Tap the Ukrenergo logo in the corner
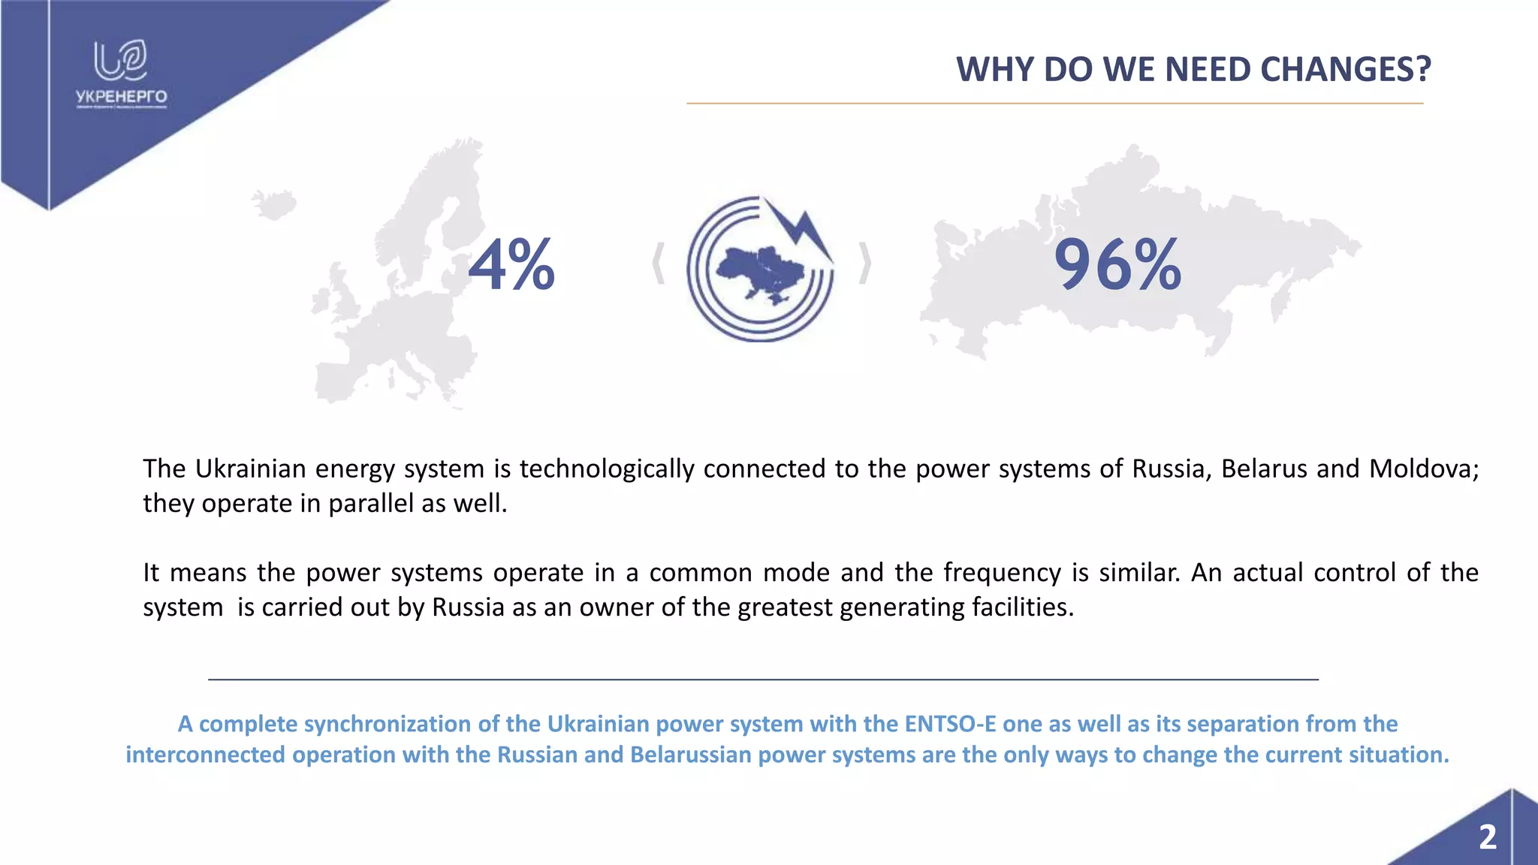121,74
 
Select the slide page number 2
1487,837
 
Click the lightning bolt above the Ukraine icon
802,229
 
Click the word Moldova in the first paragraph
1423,469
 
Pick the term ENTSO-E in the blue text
950,724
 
